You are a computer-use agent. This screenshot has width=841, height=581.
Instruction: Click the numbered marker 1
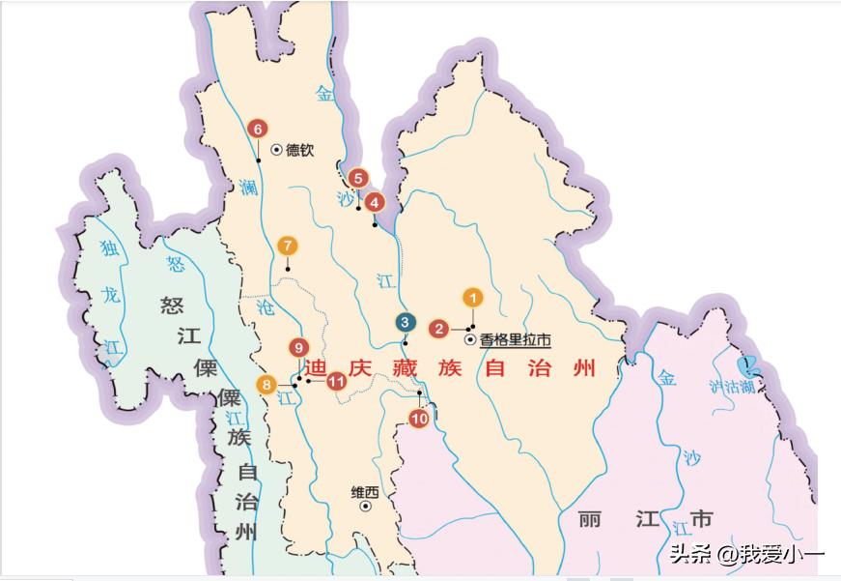(472, 298)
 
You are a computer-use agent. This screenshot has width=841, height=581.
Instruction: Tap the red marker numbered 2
(438, 329)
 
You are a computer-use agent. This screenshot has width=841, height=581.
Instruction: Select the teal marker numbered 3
(406, 323)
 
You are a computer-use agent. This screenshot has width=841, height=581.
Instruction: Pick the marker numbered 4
(375, 203)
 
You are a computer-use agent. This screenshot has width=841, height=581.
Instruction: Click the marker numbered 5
(358, 178)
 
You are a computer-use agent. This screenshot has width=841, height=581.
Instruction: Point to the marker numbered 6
(257, 129)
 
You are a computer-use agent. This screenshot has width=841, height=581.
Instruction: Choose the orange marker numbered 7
(287, 246)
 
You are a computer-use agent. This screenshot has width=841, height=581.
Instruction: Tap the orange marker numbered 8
(266, 385)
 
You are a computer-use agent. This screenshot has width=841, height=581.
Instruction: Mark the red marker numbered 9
(299, 348)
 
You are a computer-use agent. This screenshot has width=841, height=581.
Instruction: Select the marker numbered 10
(419, 419)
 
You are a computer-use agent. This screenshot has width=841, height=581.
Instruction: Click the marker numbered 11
(336, 381)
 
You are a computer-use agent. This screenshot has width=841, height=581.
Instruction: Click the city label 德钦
(299, 150)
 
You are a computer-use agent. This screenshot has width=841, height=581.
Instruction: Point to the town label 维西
(364, 492)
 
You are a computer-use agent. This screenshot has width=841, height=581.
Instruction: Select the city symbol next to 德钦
(276, 150)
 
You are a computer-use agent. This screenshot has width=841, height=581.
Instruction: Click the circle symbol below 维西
(366, 506)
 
